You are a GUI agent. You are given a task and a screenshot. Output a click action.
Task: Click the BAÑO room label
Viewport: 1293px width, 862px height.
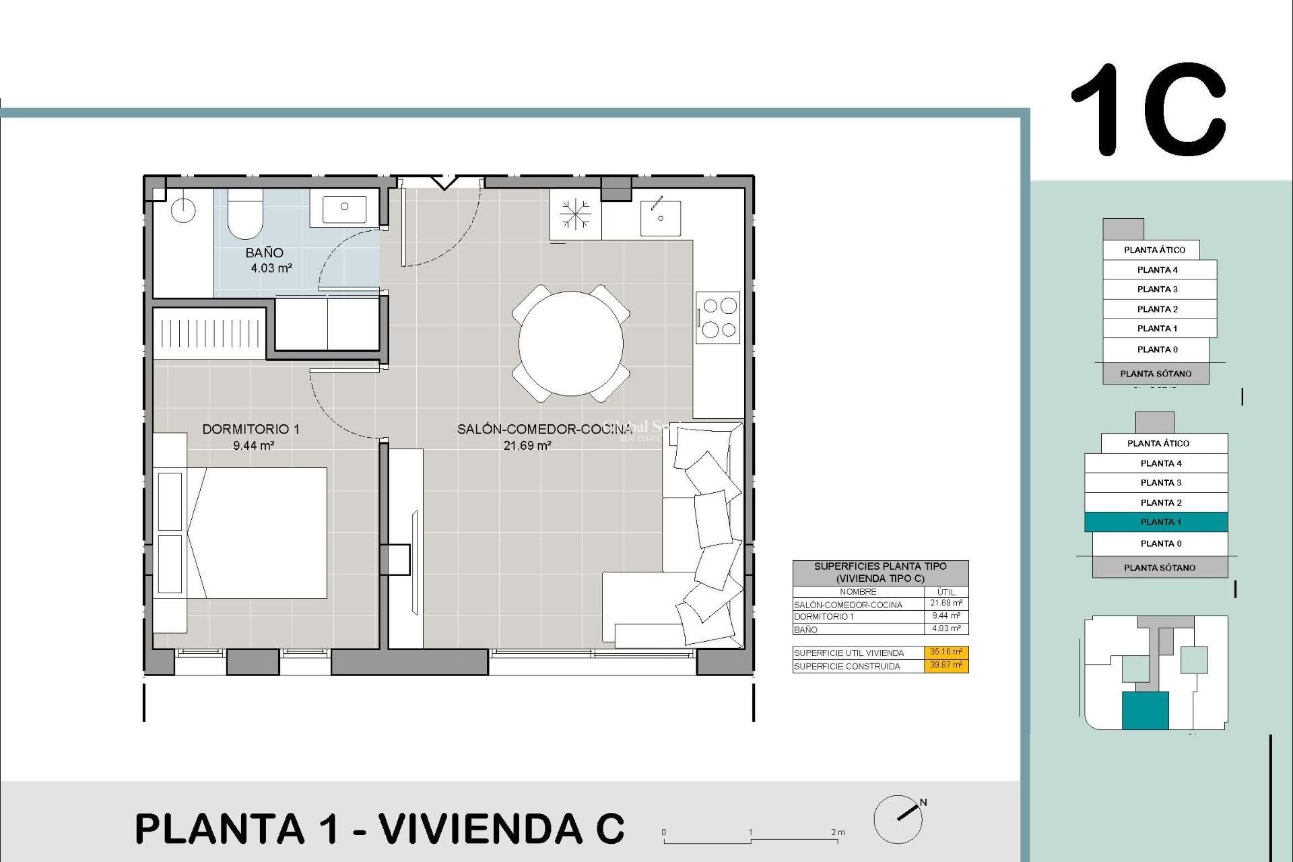(264, 253)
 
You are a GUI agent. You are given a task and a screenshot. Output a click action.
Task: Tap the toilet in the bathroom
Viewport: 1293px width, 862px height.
(245, 214)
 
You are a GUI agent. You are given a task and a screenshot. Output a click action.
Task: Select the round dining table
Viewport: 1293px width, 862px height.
(570, 343)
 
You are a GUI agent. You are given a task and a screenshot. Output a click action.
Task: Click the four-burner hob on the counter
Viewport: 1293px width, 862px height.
(719, 317)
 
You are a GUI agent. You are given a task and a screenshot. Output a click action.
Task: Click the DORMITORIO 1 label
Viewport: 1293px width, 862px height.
(251, 429)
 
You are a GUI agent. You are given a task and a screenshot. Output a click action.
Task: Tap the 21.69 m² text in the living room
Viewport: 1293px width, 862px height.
(527, 446)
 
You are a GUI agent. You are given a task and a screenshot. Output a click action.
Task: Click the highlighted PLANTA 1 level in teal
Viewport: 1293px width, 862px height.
(1156, 522)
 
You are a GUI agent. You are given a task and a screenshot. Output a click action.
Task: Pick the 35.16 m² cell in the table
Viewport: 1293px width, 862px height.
(946, 652)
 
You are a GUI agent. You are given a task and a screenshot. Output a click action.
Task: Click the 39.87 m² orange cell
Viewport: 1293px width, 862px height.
(946, 665)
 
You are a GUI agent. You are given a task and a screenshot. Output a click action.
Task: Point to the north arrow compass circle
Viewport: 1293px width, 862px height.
(898, 819)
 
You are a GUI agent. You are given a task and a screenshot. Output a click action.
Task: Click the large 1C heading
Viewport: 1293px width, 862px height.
(1149, 110)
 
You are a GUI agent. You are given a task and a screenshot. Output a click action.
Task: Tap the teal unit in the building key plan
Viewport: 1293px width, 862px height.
(1145, 711)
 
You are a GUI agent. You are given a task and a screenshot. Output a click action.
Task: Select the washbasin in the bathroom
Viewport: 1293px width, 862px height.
(344, 208)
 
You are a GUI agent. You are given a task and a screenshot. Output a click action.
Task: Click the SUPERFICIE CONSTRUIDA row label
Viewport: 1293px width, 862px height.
(847, 667)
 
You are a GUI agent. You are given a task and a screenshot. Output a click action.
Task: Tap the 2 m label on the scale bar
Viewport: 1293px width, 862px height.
(838, 832)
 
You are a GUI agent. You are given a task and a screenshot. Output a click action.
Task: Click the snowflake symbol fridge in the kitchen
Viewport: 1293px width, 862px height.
(576, 215)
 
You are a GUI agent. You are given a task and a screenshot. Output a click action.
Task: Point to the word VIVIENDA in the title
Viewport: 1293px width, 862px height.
(479, 828)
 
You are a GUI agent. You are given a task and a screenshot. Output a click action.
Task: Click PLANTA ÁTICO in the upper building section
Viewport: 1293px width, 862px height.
(1154, 250)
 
